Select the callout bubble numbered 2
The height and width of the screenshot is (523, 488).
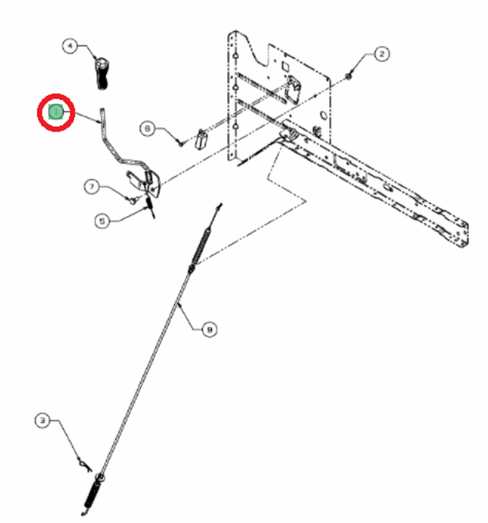(x=382, y=54)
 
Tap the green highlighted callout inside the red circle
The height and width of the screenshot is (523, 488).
(x=55, y=112)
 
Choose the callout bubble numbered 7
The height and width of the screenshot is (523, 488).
(x=92, y=187)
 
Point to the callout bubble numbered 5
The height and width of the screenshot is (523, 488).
(x=102, y=221)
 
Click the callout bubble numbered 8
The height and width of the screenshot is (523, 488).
(x=210, y=330)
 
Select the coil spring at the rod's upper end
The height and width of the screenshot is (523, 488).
(x=202, y=247)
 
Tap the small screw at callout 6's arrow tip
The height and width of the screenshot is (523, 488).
(x=181, y=143)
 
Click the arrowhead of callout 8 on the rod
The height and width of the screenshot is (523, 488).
(x=179, y=304)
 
